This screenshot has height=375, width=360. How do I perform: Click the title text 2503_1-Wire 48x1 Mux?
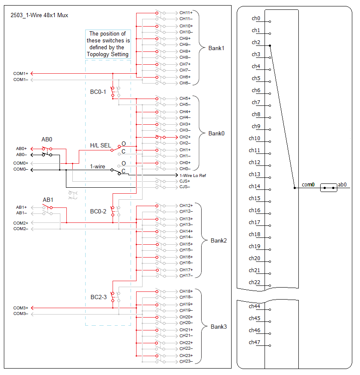point(39,15)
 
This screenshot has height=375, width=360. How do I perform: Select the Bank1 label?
point(216,48)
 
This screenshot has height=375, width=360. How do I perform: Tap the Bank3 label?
point(218,327)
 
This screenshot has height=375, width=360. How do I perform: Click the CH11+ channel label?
point(186,13)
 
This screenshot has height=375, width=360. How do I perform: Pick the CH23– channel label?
point(186,361)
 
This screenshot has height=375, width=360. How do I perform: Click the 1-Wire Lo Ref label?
point(193,175)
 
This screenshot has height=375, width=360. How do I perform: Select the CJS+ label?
point(185,181)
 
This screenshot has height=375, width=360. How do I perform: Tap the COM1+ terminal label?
point(21,74)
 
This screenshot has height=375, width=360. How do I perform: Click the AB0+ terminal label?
point(21,148)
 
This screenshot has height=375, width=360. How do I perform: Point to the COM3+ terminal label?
point(21,308)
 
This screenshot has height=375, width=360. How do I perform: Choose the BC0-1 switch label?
point(98,92)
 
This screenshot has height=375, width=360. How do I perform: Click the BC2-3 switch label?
point(98,297)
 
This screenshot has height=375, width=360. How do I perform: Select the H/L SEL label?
point(101,146)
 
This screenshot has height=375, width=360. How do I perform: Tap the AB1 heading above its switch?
point(48,200)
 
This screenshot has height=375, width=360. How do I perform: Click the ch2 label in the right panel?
point(256,42)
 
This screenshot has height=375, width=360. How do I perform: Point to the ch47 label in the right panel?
point(254,342)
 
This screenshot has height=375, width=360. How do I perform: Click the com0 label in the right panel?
point(308,185)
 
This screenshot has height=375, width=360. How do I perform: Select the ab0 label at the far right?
point(342,185)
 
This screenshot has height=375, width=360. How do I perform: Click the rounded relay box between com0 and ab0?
point(328,188)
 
